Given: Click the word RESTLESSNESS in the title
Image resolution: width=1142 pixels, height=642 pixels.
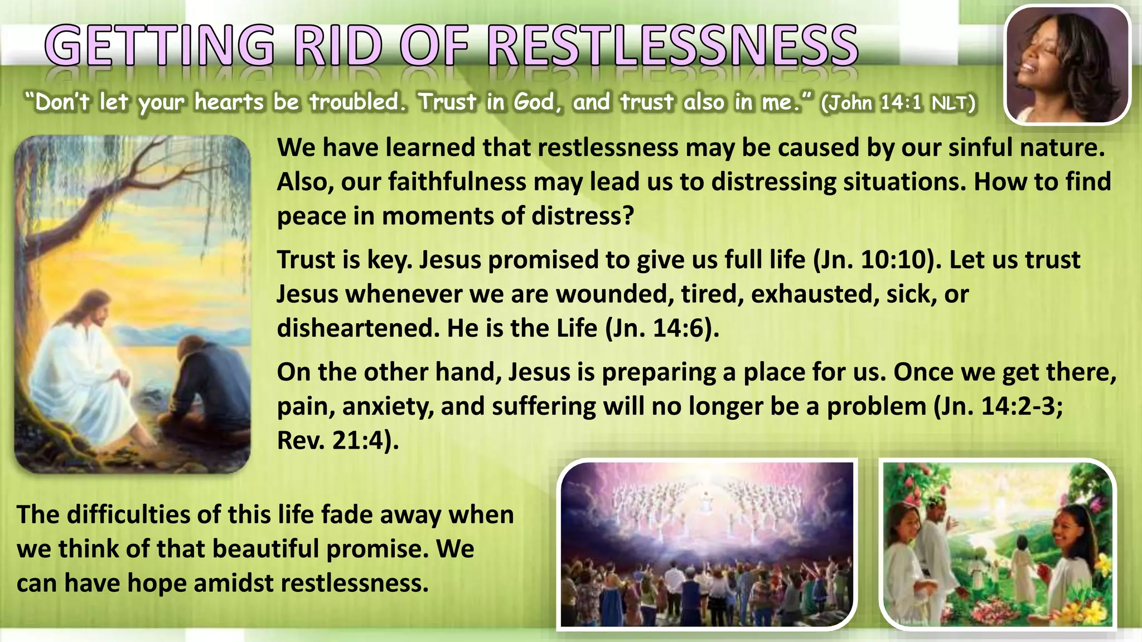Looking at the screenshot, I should [x=672, y=47].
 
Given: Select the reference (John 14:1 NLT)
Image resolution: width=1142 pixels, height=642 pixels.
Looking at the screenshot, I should [x=898, y=103].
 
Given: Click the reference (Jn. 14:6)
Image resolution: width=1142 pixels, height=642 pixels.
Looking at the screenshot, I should [x=661, y=328].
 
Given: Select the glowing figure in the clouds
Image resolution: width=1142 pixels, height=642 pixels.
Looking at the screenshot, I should [x=707, y=502].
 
